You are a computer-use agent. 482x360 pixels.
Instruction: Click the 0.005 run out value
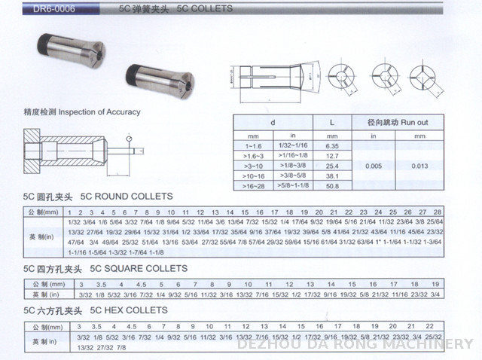click(x=374, y=164)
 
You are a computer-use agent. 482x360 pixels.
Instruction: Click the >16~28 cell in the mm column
click(x=251, y=185)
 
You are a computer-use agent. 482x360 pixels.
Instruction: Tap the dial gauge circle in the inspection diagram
click(x=130, y=138)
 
